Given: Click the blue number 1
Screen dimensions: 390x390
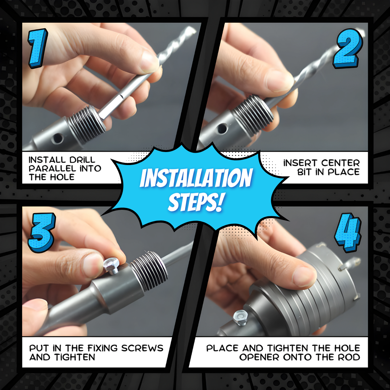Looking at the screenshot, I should [x=38, y=48].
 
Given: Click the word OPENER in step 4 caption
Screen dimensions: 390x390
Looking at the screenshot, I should [x=260, y=357].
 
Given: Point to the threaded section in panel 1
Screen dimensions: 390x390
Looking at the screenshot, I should [x=87, y=125].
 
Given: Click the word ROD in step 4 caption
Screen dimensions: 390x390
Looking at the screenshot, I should [x=351, y=357].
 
